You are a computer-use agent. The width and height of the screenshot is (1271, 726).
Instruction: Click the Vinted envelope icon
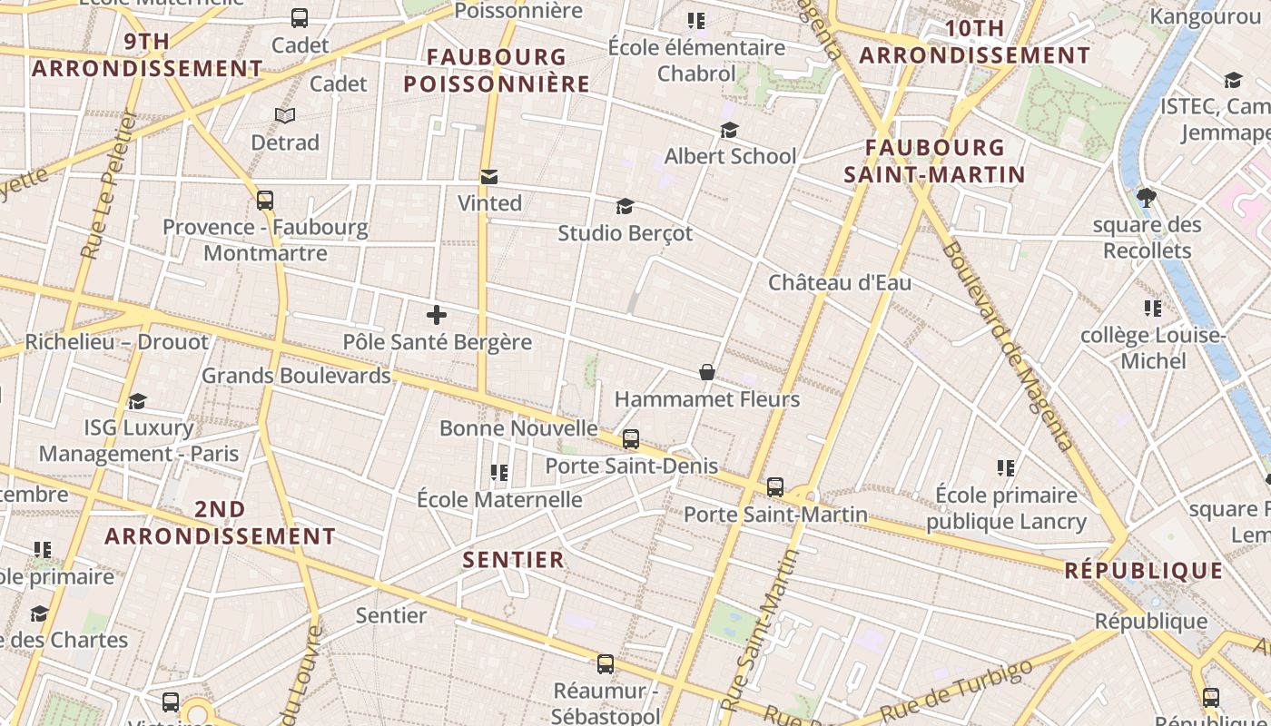click(x=489, y=176)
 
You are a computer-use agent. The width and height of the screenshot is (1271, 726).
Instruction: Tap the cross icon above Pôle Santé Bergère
click(x=437, y=315)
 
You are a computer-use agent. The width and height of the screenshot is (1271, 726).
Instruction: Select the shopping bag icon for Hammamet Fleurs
click(x=707, y=372)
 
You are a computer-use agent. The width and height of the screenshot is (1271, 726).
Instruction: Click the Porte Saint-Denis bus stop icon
click(x=631, y=439)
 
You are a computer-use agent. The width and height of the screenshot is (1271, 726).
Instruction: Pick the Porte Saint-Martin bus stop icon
click(x=775, y=487)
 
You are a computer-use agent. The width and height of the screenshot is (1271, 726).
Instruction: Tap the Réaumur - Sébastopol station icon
click(x=606, y=664)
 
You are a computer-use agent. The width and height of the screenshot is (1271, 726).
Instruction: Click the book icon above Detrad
click(x=285, y=116)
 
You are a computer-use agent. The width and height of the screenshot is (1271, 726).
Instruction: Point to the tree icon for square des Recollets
click(x=1147, y=197)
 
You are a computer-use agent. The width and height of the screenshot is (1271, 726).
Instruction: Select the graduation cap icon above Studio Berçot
click(x=625, y=206)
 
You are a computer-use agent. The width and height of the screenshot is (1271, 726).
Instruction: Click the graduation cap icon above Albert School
click(x=729, y=130)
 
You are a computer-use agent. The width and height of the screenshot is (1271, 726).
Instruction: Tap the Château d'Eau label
click(x=840, y=282)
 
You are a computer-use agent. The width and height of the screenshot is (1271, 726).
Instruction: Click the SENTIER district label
click(x=514, y=560)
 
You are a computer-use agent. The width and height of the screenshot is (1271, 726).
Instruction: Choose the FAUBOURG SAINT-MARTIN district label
click(x=934, y=161)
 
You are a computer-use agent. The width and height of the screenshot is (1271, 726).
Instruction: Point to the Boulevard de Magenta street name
click(x=1007, y=345)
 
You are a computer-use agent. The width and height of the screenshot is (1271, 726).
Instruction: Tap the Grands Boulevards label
click(x=296, y=375)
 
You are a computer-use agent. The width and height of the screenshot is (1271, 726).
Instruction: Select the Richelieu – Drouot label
click(x=116, y=342)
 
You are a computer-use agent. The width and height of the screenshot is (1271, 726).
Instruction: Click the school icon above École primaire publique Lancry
click(x=1006, y=468)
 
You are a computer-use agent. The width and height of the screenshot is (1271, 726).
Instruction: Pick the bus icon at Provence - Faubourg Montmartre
click(x=265, y=201)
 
